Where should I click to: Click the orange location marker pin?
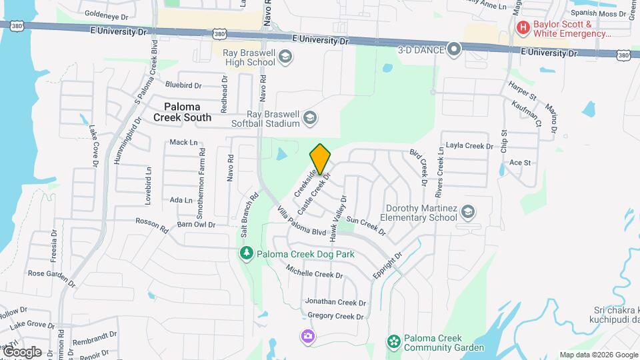click(321, 159)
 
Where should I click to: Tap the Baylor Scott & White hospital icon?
click(523, 28)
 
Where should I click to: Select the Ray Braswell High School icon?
click(285, 57)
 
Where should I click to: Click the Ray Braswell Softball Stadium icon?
click(309, 119)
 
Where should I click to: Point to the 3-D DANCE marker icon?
click(455, 49)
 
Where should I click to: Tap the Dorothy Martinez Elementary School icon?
click(468, 212)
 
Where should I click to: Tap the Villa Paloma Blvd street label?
click(301, 222)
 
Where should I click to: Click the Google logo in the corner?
click(21, 352)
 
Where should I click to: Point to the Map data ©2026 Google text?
click(598, 355)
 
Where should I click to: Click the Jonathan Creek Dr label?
click(334, 302)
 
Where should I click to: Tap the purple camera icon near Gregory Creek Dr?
click(307, 336)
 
